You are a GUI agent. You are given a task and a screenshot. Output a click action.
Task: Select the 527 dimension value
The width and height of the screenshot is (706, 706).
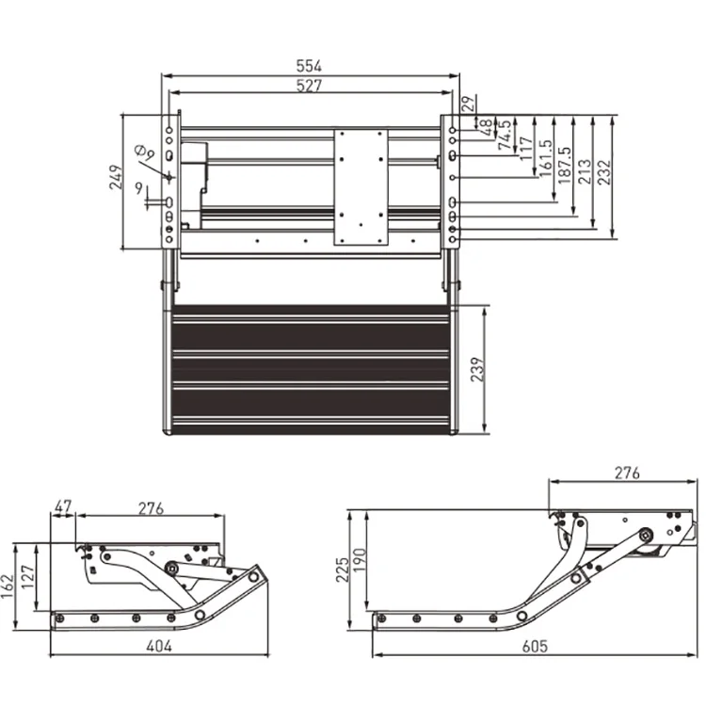310,86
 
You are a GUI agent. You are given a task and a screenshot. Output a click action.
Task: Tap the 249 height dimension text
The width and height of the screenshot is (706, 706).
116,178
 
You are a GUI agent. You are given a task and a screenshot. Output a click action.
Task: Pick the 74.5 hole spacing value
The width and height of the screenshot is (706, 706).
507,128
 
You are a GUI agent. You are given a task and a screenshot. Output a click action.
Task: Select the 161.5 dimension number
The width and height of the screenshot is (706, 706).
546,156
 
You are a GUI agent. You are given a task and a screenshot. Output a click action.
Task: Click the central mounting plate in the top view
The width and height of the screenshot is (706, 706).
360,187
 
